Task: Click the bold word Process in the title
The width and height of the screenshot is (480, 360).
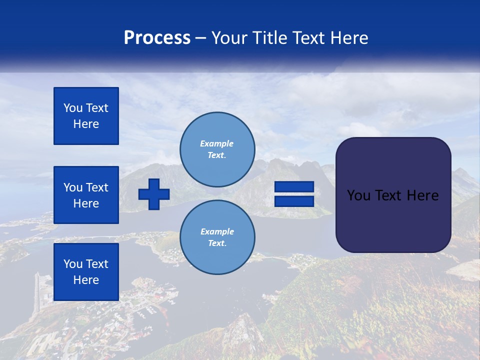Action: click(157, 38)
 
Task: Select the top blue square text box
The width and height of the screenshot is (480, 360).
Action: click(86, 116)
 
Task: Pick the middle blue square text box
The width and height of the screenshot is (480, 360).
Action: click(86, 195)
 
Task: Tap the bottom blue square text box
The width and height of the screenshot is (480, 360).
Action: click(86, 272)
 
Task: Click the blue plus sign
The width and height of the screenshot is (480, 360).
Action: click(154, 194)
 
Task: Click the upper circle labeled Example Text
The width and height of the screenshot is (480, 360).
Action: click(217, 149)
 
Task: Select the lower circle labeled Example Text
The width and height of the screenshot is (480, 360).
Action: click(217, 237)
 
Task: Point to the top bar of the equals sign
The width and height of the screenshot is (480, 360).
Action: click(294, 187)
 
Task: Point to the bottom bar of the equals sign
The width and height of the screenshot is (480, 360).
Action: click(294, 201)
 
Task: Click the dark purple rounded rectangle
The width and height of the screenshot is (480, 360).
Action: click(393, 220)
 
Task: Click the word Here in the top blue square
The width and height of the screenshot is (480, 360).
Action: click(86, 124)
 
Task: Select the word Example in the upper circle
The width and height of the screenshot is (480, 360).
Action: click(216, 143)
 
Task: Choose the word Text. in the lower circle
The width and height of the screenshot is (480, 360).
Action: click(217, 243)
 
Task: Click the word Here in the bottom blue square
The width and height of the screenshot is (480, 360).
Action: click(86, 280)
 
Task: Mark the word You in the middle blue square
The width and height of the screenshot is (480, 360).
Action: click(72, 187)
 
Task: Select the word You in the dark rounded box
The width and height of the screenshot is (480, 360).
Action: click(358, 195)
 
